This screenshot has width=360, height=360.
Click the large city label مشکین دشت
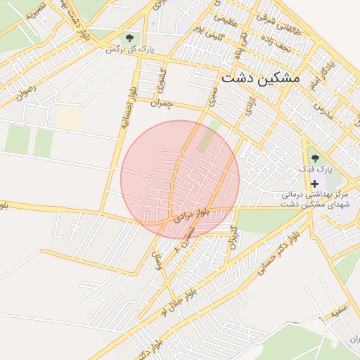tap(259, 78)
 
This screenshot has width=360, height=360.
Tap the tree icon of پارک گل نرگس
tap(129, 37)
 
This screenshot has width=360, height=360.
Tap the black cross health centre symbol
tap(314, 183)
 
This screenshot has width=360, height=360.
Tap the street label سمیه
tap(340, 309)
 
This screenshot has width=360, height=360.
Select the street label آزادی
tap(249, 107)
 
